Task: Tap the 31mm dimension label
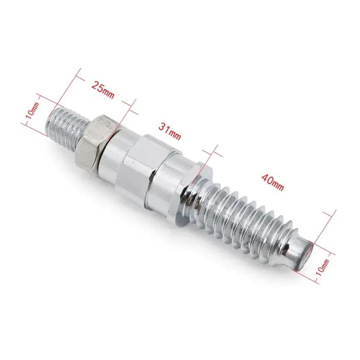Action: [170, 131]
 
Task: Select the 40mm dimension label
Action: [273, 182]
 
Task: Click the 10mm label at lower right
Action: [322, 267]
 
